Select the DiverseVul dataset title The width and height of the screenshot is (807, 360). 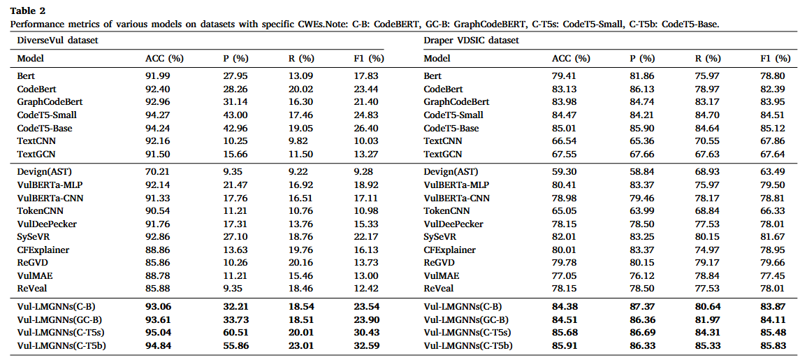[x=57, y=41]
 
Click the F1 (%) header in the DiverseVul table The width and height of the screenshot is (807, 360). [x=369, y=58]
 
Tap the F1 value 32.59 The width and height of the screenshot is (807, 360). [x=367, y=346]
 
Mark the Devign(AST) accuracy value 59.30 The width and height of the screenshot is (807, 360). [x=566, y=171]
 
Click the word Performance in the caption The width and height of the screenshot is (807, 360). [x=37, y=24]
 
